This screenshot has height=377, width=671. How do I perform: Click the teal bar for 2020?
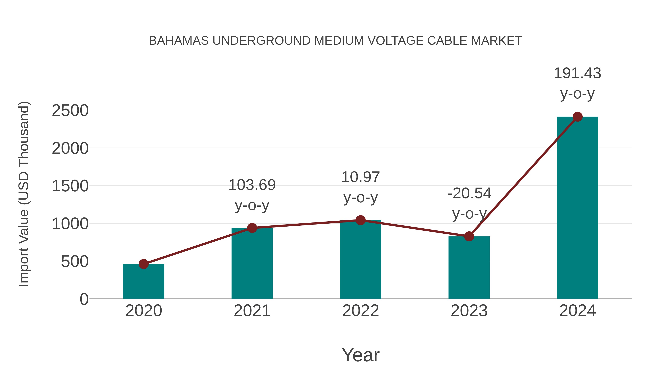144,282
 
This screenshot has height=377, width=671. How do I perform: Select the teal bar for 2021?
252,264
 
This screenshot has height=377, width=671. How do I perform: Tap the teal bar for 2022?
360,260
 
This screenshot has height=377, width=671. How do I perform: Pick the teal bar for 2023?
469,268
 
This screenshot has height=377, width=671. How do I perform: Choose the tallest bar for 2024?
577,208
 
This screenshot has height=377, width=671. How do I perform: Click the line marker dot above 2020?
144,264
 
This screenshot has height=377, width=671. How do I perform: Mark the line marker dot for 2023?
469,236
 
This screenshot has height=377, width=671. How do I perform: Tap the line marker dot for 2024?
577,117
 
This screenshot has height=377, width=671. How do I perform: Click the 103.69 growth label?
252,185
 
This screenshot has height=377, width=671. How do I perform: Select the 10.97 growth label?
360,177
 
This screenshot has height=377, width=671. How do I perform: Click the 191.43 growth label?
577,73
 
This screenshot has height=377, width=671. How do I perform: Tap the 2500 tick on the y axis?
70,111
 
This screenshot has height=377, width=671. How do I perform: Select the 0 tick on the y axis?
84,299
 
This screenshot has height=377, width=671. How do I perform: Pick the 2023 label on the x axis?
469,311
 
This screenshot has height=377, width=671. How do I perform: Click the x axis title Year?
360,355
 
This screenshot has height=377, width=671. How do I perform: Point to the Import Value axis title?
24,194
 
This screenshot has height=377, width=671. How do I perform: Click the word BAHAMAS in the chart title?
179,41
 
